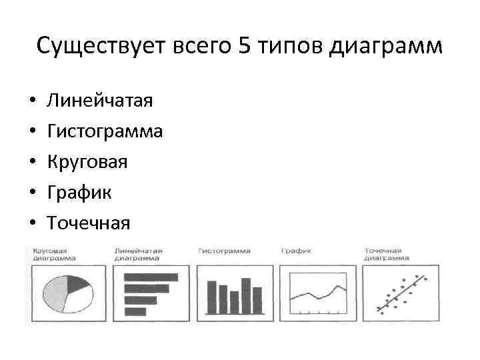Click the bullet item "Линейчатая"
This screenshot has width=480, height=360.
click(100, 101)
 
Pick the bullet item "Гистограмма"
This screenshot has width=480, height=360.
click(105, 131)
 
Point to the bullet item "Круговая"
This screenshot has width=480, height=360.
click(87, 162)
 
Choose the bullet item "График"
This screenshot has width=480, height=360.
click(79, 193)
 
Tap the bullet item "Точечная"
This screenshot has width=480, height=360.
click(88, 223)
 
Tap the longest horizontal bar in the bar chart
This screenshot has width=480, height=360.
click(151, 277)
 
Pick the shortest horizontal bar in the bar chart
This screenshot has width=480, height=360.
click(135, 311)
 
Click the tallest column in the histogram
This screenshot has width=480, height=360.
click(246, 295)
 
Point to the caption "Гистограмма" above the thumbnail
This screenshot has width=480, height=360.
click(224, 251)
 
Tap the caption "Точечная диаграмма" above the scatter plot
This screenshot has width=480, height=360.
click(387, 254)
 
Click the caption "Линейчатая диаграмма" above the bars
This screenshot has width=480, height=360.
click(138, 254)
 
